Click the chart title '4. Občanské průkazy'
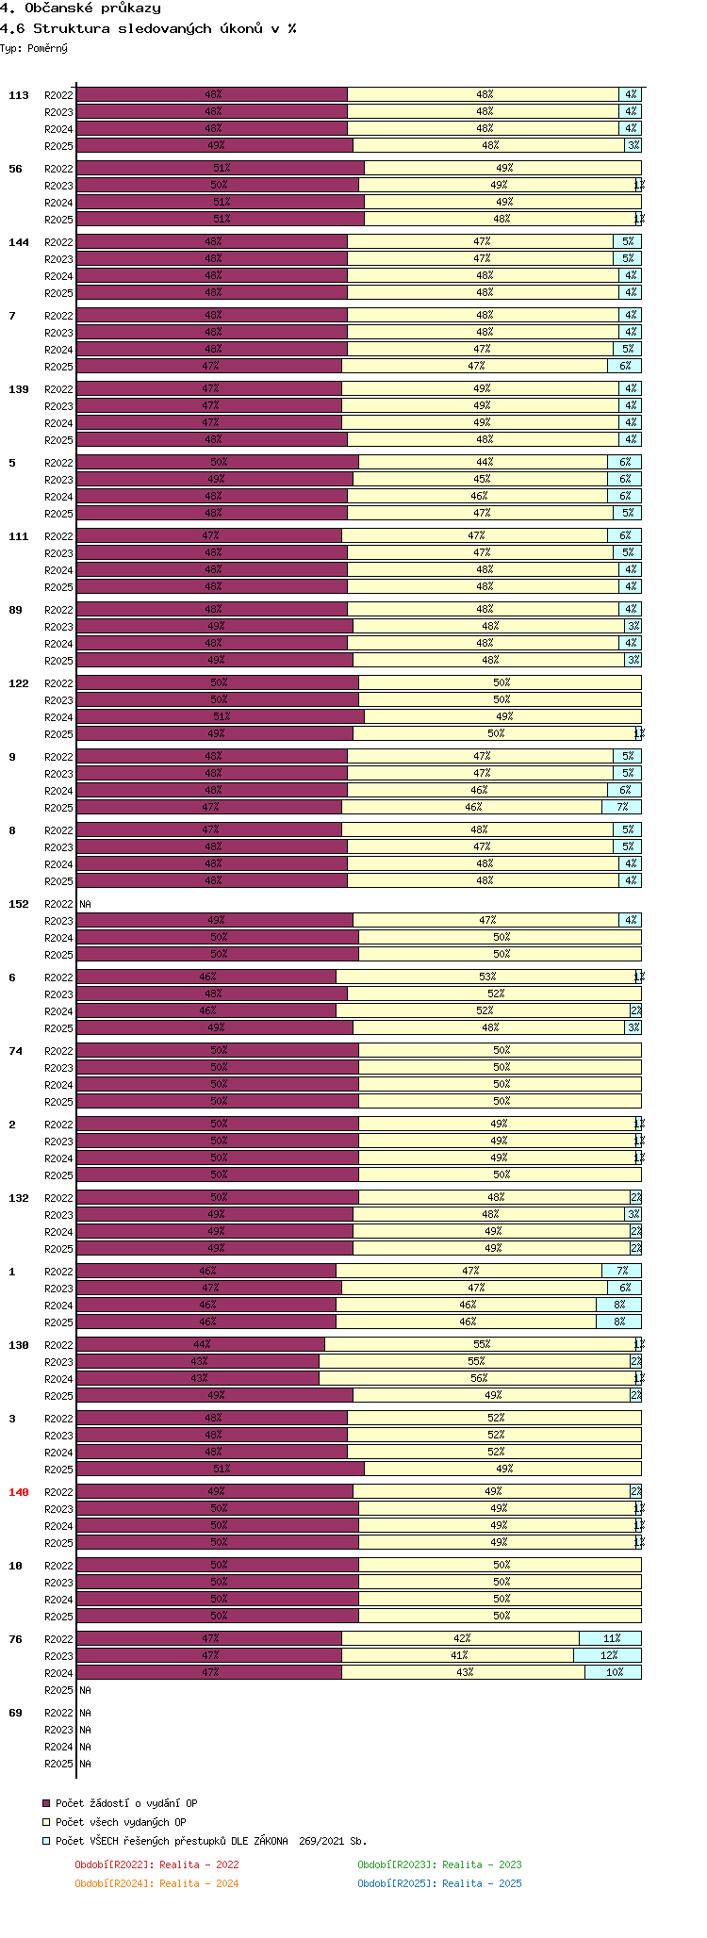pos(81,8)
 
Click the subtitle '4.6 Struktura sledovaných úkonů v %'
pos(148,28)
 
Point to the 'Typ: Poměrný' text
pos(34,48)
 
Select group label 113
pos(19,95)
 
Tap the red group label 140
pos(19,1492)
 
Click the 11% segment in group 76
pos(611,1638)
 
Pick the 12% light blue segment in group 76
pos(608,1655)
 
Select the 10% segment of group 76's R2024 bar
pos(614,1672)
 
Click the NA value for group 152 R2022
pos(86,904)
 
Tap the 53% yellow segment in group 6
pos(486,977)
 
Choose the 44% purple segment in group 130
pos(201,1344)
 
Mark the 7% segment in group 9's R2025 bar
pos(622,807)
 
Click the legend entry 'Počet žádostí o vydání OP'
pos(125,1803)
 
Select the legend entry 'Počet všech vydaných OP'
pos(120,1822)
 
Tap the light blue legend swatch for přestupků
pos(46,1841)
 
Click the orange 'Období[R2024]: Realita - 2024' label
pos(156,1883)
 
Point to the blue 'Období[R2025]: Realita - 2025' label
pos(439,1883)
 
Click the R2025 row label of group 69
pos(58,1764)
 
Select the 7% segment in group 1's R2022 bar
pos(622,1271)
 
